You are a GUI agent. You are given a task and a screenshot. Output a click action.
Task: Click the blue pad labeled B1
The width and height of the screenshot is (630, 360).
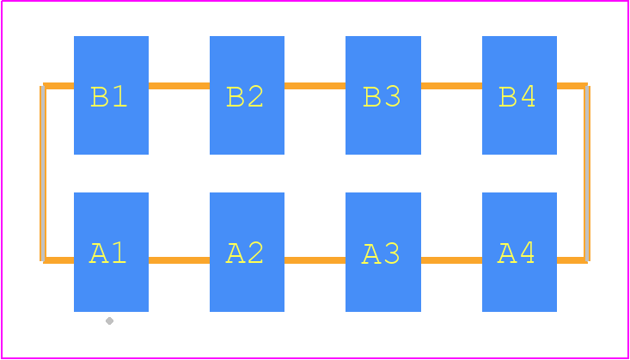point(111,95)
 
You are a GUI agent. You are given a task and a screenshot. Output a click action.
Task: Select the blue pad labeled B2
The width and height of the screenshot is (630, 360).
point(247,95)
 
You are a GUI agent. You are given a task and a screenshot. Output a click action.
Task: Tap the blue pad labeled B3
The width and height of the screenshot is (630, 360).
point(383,95)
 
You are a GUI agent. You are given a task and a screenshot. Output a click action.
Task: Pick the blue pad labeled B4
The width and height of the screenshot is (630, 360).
point(519,95)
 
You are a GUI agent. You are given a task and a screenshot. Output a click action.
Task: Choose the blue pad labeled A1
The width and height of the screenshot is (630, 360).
point(111,252)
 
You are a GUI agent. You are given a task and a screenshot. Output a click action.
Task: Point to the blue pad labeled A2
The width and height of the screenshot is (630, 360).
point(247,252)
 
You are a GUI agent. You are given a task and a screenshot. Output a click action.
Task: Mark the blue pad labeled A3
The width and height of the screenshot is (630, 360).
point(383,252)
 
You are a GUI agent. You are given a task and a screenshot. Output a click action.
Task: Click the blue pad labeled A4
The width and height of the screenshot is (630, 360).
point(519,252)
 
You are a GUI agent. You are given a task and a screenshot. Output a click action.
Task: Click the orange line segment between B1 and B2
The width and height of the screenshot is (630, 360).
point(179,86)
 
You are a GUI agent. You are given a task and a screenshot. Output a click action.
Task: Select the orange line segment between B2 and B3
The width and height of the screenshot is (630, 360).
point(315,86)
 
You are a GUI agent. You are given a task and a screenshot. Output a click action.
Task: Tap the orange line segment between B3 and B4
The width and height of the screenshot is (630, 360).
point(451,86)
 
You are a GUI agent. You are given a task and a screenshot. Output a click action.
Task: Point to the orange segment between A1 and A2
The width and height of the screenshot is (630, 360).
point(179,260)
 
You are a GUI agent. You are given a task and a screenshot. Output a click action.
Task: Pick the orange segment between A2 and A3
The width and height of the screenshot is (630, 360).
point(315,260)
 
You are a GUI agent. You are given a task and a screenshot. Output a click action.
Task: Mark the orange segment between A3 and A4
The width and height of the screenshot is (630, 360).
point(451,260)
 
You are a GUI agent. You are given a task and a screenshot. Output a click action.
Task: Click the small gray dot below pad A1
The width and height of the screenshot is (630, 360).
point(109,320)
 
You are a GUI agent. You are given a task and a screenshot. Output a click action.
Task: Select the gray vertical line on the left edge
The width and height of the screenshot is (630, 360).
point(42,174)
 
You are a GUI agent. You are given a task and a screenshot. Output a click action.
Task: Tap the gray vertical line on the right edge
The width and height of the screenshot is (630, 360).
point(587,174)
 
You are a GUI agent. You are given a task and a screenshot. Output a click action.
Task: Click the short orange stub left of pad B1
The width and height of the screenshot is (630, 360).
point(58,86)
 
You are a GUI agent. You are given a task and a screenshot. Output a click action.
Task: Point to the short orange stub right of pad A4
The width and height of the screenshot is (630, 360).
point(572,260)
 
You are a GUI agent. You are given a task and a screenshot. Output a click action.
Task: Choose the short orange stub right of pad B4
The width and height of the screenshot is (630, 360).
point(572,86)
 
